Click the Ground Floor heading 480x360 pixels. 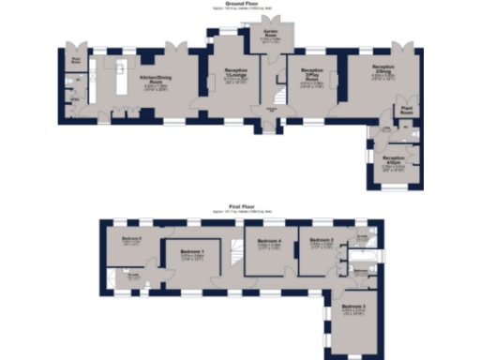coord(240,5)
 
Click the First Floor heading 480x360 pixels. coord(240,203)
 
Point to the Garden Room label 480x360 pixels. coord(270,37)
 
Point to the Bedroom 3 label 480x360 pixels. coord(352,307)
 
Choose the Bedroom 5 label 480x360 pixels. coord(131,239)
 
